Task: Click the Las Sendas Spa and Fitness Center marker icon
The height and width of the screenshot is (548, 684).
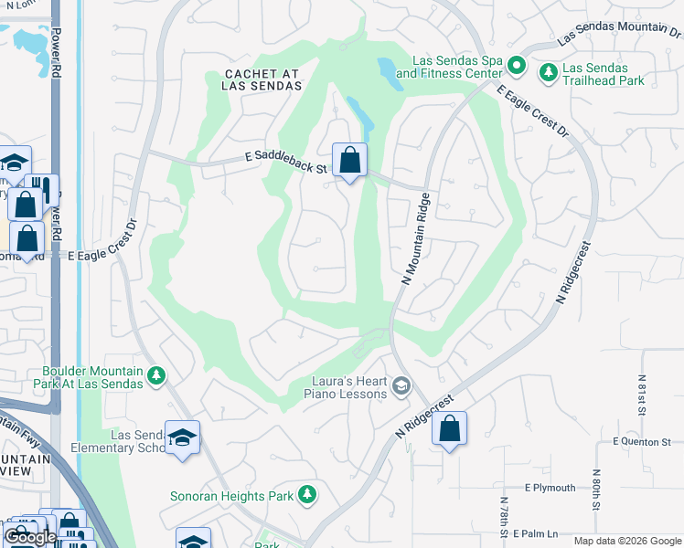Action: tap(517, 65)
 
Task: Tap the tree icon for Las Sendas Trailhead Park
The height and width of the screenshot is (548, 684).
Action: tap(548, 71)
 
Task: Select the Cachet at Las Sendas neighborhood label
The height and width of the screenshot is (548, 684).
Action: tap(261, 79)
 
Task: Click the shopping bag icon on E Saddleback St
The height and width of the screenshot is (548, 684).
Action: tap(349, 162)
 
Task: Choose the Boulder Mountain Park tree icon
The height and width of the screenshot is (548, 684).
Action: tap(156, 374)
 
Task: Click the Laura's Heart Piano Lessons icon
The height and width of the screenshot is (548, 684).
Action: tap(401, 387)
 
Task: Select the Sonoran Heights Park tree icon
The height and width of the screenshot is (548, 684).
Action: tap(308, 494)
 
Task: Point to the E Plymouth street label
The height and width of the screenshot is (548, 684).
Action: tap(550, 488)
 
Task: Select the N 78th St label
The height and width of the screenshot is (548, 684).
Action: tap(504, 516)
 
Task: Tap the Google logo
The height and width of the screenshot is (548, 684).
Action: tap(30, 538)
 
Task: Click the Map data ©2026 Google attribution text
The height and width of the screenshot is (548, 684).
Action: tap(626, 541)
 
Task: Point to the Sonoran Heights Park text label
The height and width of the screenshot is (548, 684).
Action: tap(231, 497)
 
